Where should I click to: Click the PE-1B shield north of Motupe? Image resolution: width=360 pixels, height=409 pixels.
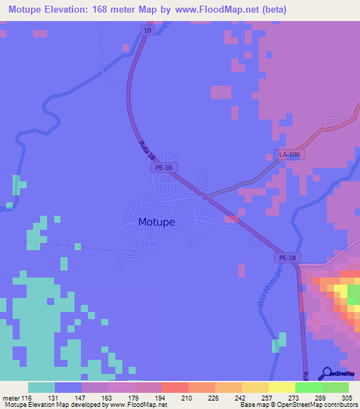click(163, 168)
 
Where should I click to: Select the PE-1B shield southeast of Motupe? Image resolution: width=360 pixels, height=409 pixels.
click(287, 258)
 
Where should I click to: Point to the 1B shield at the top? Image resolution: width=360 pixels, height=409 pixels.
click(147, 31)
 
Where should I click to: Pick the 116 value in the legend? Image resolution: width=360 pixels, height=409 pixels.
click(27, 398)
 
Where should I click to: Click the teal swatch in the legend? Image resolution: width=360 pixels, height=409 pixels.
click(41, 387)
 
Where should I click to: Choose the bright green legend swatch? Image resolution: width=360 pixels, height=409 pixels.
click(308, 387)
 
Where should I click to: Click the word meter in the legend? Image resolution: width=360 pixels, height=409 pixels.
click(10, 398)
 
